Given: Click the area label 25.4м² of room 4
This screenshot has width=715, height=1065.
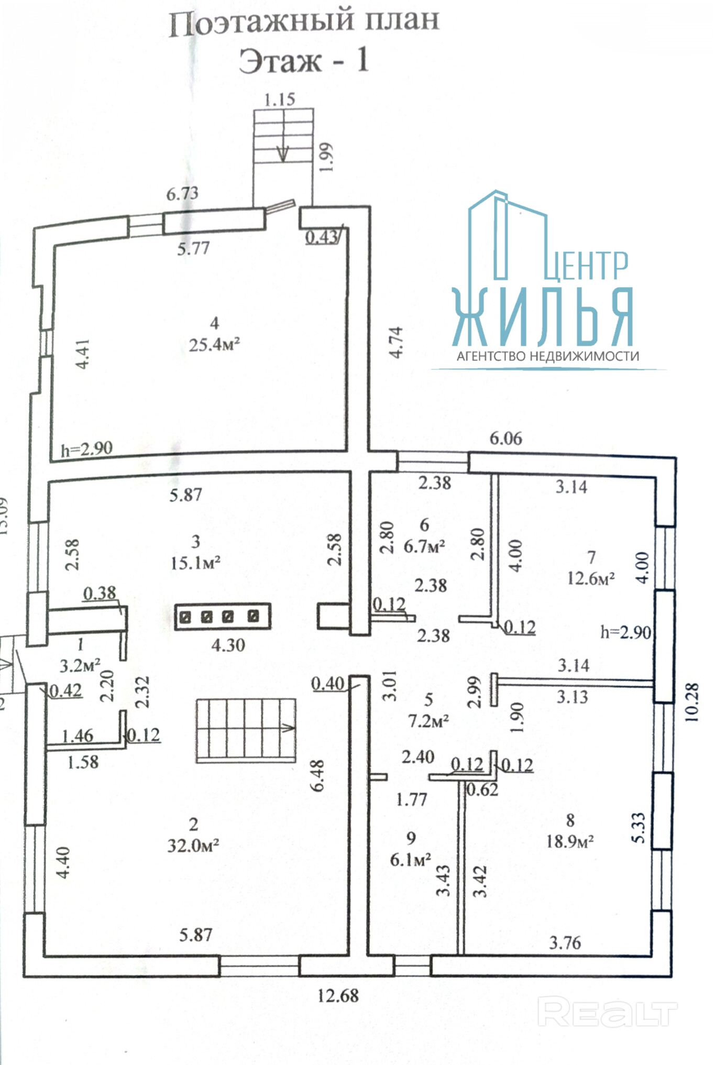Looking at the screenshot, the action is (x=215, y=345).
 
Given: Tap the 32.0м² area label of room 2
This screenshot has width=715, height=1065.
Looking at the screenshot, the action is (x=193, y=846).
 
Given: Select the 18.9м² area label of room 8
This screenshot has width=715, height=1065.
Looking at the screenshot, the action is (x=570, y=841).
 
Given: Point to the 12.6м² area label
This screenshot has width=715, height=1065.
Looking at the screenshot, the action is (x=591, y=578).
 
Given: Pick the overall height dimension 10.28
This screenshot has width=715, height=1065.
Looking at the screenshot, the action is (x=691, y=702).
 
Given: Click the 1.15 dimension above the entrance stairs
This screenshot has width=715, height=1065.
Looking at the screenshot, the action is (x=280, y=99).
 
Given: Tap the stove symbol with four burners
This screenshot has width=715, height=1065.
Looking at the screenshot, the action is (x=223, y=617).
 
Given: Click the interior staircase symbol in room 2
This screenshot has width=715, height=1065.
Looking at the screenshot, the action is (x=246, y=730).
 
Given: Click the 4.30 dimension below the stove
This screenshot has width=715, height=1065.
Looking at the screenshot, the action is (x=228, y=644).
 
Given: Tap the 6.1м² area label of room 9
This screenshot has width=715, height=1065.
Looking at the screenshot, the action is (x=411, y=859).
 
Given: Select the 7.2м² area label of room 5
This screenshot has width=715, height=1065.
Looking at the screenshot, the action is (x=428, y=721).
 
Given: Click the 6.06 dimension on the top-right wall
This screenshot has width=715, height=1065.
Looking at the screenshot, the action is (x=506, y=438).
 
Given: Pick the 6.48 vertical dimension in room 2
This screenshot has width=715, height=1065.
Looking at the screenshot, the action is (x=317, y=776).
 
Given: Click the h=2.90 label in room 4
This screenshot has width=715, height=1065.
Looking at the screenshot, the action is (x=86, y=449).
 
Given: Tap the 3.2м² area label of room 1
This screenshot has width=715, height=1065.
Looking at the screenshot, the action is (x=80, y=666).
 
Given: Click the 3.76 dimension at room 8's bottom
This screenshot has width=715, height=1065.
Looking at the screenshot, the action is (x=565, y=943).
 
